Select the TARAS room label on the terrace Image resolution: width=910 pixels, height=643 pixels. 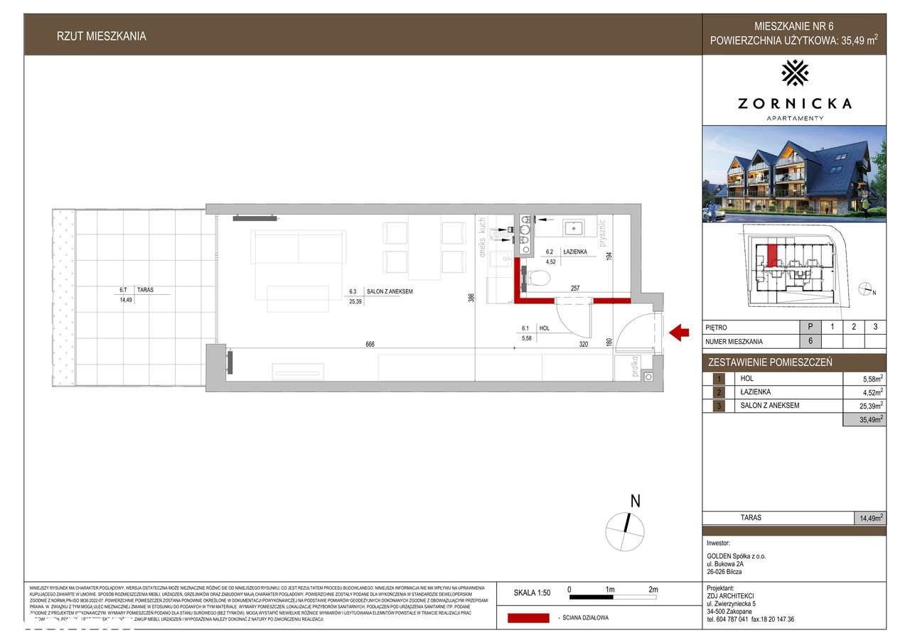tap(146, 290)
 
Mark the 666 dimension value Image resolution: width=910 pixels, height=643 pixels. tap(370, 345)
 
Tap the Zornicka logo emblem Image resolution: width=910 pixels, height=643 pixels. tap(794, 72)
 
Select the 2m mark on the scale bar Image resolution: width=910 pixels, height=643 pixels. tap(653, 590)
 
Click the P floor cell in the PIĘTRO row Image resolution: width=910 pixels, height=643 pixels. tap(810, 328)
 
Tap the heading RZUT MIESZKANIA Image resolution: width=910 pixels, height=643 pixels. tap(102, 36)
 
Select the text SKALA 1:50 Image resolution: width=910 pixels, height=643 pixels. tap(532, 591)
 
